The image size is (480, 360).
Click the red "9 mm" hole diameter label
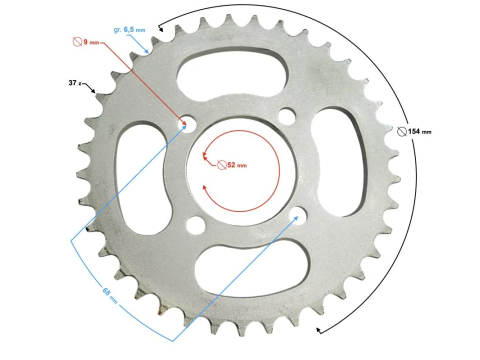tap(90, 42)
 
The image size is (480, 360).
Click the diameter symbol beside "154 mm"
tap(401, 131)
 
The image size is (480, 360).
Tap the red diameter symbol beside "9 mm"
tap(77, 42)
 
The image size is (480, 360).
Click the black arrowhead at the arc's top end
tap(160, 29)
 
